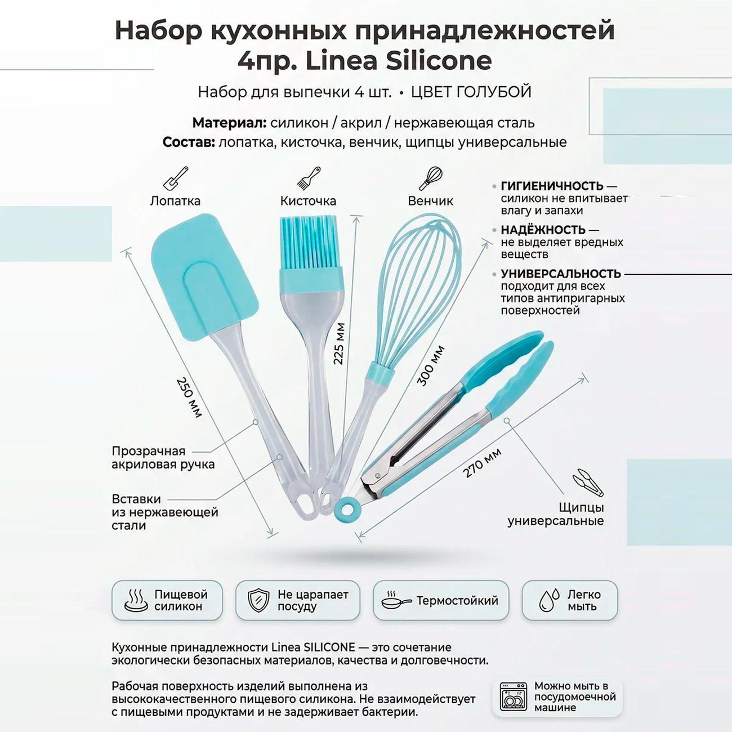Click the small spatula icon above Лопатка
[x=175, y=178]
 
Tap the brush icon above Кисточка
[x=308, y=178]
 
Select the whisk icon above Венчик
[x=431, y=178]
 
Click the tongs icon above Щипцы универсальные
[x=587, y=483]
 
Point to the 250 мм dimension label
[x=189, y=397]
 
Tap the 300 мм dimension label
[x=431, y=366]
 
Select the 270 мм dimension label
[x=482, y=463]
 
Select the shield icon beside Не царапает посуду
[x=258, y=600]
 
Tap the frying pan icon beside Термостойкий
[x=395, y=601]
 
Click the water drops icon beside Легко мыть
[x=549, y=600]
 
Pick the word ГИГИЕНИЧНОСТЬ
[x=552, y=186]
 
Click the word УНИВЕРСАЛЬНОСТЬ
[x=561, y=274]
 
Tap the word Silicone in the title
[x=439, y=61]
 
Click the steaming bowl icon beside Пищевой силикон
[x=136, y=600]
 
